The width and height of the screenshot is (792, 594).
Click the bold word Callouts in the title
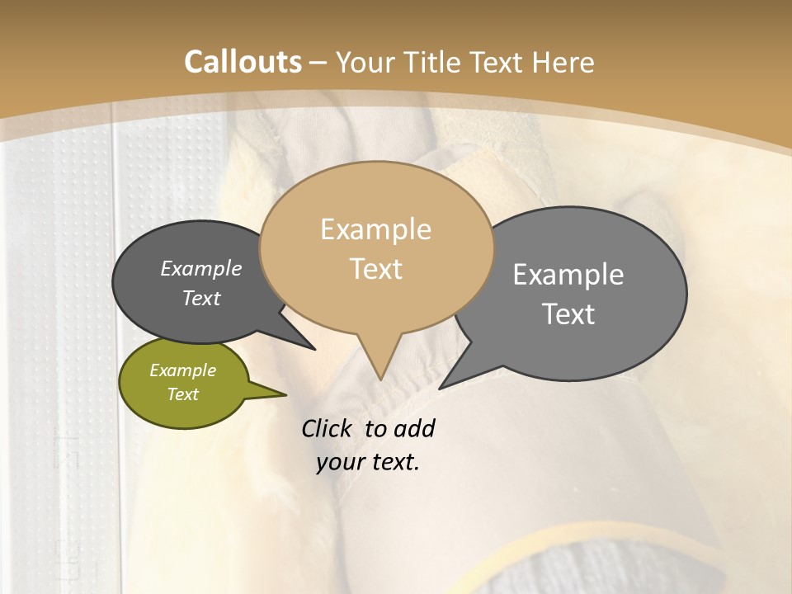(x=243, y=62)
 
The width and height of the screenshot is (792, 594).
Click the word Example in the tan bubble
(x=375, y=229)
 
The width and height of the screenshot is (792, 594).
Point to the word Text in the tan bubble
(x=375, y=268)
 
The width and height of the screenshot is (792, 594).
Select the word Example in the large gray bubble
(x=568, y=275)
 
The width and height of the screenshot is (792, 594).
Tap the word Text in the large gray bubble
(x=568, y=314)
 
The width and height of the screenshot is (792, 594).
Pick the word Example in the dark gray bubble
(x=200, y=268)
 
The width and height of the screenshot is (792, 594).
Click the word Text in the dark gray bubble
(x=200, y=298)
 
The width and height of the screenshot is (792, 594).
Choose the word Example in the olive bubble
(x=182, y=370)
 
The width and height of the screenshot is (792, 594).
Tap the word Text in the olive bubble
(x=182, y=394)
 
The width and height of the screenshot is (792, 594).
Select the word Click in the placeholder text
(x=328, y=428)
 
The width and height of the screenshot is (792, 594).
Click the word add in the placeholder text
(x=414, y=428)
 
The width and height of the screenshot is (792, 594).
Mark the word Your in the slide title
(x=362, y=62)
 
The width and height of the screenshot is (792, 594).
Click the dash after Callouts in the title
(x=318, y=63)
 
